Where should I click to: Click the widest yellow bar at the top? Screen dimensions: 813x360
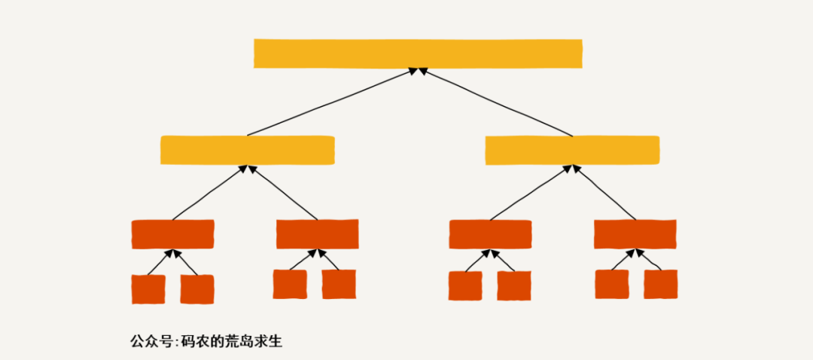click(x=418, y=53)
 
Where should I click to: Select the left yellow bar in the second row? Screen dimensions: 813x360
click(x=247, y=150)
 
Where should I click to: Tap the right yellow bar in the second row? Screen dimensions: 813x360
click(x=572, y=150)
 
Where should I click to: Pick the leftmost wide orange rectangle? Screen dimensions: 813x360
click(x=172, y=233)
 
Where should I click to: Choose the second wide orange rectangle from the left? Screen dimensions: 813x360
click(x=317, y=233)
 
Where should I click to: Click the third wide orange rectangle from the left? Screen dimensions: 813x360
click(x=490, y=233)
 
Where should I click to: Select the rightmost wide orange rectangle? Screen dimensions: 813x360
click(x=635, y=233)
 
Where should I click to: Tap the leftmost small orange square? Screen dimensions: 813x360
click(x=148, y=289)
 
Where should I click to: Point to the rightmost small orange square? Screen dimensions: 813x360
click(x=660, y=284)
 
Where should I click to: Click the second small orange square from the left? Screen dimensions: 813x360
click(x=197, y=289)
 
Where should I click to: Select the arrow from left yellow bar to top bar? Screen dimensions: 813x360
click(x=331, y=102)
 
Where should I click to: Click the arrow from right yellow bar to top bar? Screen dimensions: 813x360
click(x=497, y=102)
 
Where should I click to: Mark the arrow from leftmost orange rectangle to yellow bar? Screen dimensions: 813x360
click(x=209, y=193)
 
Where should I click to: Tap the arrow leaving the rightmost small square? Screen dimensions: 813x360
click(x=650, y=260)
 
